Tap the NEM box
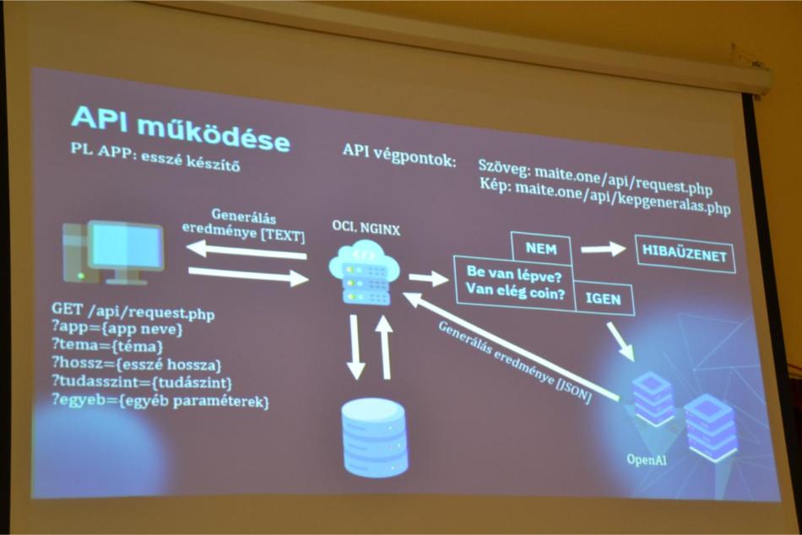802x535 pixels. click(x=541, y=249)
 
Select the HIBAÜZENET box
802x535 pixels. click(x=685, y=253)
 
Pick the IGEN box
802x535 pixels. click(x=604, y=298)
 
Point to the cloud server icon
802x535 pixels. click(x=365, y=273)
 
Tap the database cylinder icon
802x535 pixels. click(x=375, y=438)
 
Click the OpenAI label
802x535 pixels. click(x=647, y=459)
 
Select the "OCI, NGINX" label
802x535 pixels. click(x=366, y=228)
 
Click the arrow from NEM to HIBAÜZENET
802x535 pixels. click(x=603, y=249)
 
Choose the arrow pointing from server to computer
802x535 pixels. click(x=246, y=251)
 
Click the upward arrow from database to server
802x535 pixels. click(x=384, y=348)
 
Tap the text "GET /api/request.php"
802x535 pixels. click(x=133, y=311)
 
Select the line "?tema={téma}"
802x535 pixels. click(x=107, y=346)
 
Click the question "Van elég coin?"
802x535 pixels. click(x=515, y=291)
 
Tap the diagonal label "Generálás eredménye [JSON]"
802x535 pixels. click(x=515, y=362)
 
